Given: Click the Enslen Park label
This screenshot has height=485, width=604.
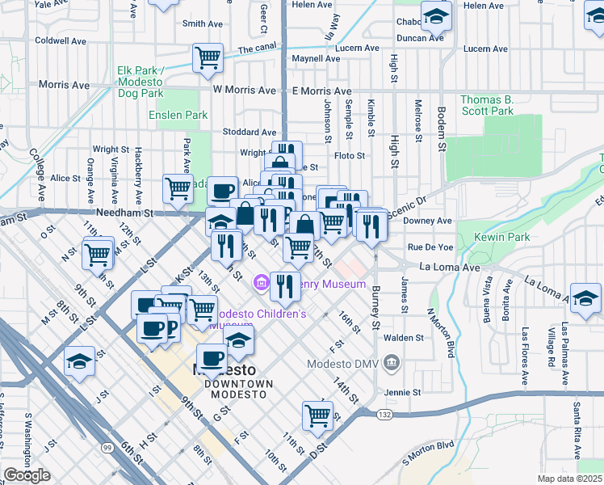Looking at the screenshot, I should [178, 116].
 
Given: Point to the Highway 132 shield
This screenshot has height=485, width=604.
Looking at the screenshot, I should [384, 413].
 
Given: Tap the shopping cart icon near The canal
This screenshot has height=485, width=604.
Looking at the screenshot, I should [208, 57].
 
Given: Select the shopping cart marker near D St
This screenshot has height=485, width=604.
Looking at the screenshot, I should [317, 415].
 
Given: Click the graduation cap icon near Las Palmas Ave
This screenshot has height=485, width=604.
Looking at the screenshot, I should [585, 297].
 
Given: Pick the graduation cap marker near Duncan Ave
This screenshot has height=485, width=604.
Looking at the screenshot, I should [436, 15].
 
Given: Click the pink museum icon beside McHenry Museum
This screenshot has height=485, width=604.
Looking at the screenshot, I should [261, 283].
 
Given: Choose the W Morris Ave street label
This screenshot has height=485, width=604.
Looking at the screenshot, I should [241, 90].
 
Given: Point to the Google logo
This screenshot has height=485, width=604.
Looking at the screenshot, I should [27, 475].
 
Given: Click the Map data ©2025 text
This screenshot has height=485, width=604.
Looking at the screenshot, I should [568, 479].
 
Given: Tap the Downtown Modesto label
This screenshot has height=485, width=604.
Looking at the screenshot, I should [238, 388].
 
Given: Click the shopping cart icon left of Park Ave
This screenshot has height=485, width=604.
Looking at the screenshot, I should [178, 189].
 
